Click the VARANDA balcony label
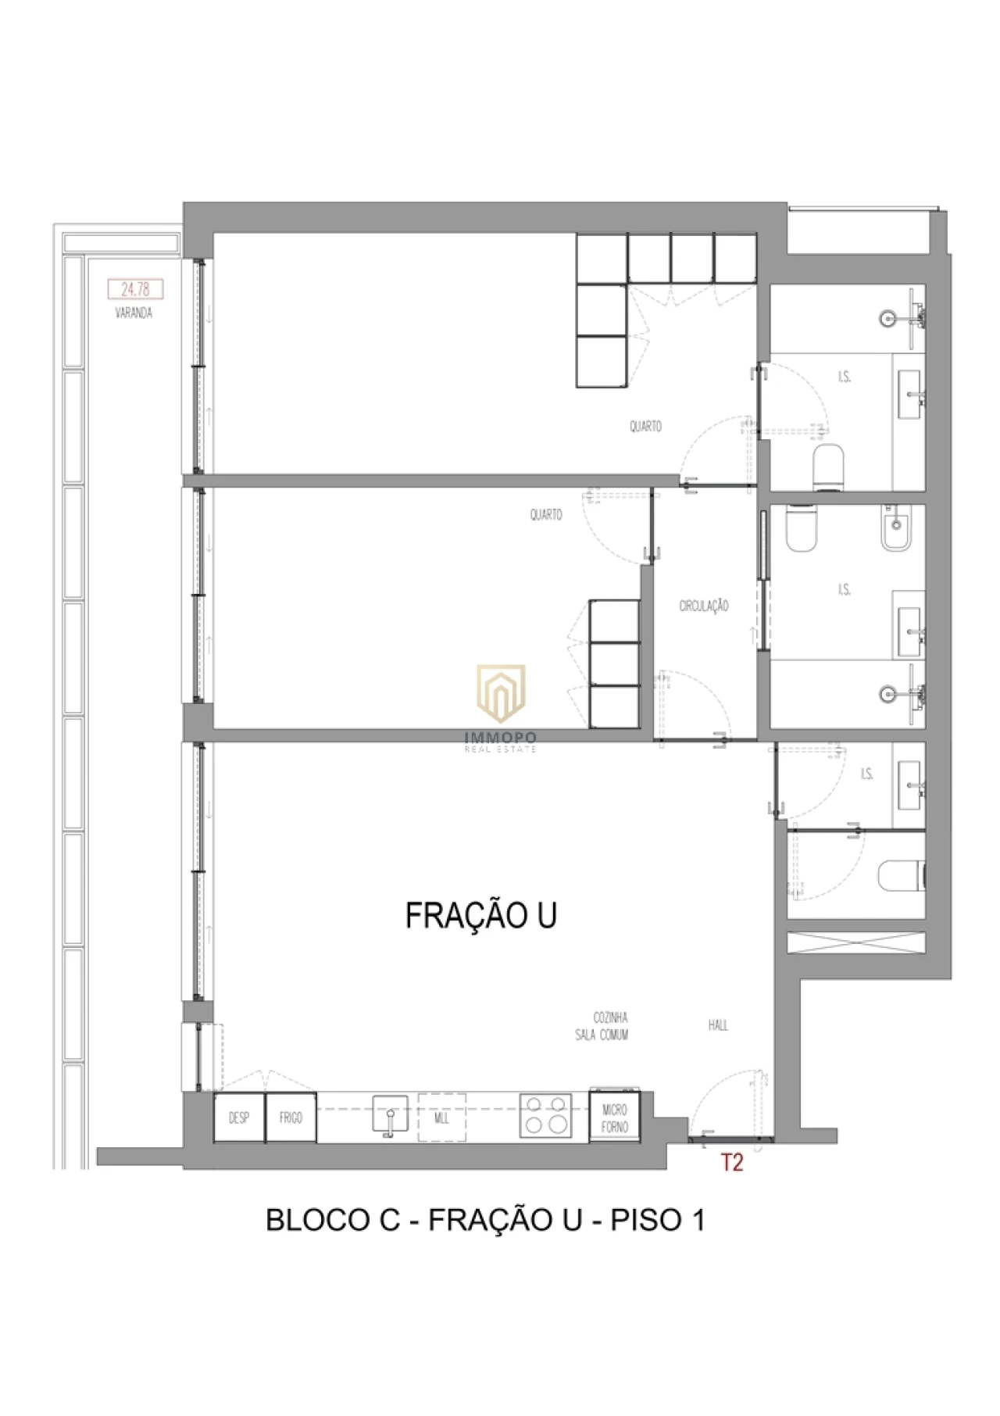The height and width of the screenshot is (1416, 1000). coord(134,313)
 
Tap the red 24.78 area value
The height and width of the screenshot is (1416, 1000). coord(135,290)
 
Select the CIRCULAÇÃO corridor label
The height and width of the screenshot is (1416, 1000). coord(703,606)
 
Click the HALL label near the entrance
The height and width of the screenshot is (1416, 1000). coord(718,1024)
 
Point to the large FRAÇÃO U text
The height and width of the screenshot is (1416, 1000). coord(480,915)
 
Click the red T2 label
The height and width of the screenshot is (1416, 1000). coord(731,1163)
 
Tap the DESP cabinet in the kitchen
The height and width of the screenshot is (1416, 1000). coord(239,1118)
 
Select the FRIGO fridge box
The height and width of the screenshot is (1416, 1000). coord(291,1118)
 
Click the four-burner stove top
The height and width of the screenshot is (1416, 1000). coord(545,1115)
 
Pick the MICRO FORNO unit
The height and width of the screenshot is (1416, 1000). coord(615,1117)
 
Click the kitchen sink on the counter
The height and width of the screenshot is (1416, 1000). coord(390,1114)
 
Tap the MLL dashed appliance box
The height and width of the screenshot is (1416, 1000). coord(441,1118)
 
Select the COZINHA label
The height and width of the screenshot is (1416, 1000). coord(610,1017)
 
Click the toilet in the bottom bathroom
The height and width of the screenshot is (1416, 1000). coord(902,875)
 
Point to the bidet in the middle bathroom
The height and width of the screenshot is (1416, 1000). coord(897,529)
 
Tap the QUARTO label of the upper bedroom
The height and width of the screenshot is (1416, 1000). coord(645,427)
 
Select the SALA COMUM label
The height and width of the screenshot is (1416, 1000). coord(602,1035)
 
